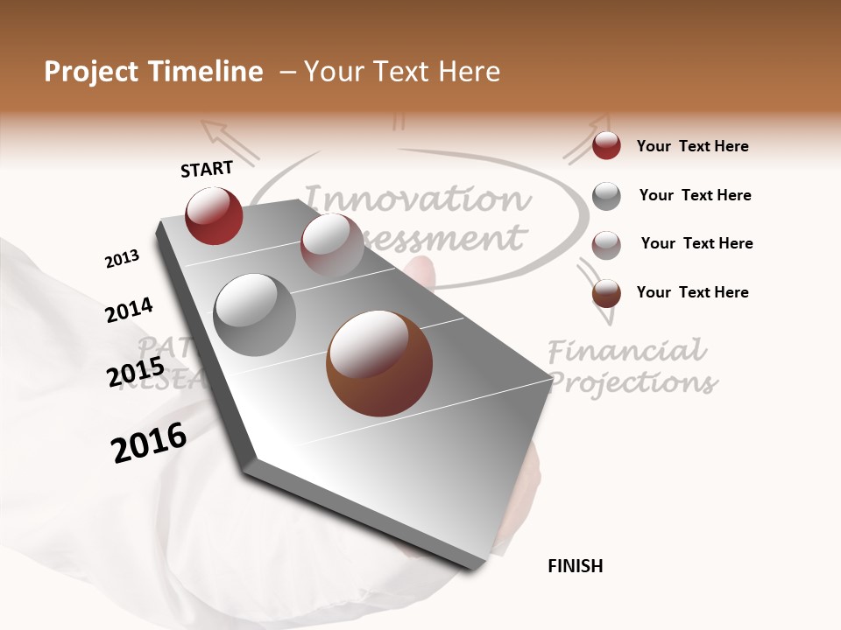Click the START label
207,169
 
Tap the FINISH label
575,566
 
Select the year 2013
122,259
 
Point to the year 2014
129,311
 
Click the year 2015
136,373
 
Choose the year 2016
149,443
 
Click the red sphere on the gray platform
214,216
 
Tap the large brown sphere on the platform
379,363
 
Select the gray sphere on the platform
255,315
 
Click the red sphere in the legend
606,146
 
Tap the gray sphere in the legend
606,196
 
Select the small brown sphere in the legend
606,293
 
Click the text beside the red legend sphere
692,147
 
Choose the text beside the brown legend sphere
692,292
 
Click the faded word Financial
626,352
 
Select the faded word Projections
632,382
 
